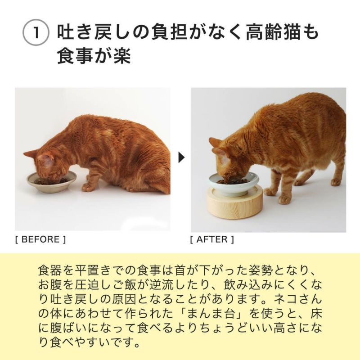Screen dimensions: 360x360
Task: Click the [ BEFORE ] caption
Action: pyautogui.click(x=40, y=239)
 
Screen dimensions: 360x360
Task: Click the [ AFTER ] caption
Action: pyautogui.click(x=212, y=239)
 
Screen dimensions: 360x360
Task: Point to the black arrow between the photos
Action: pyautogui.click(x=181, y=157)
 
